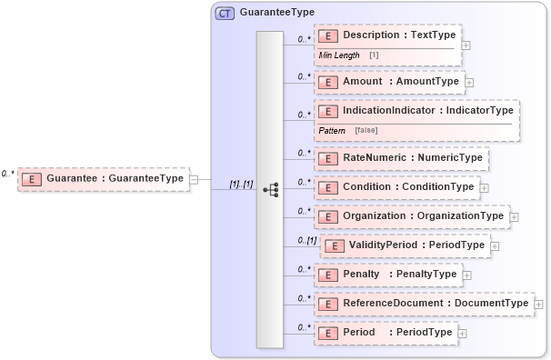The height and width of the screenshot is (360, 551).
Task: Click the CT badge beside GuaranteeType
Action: tap(225, 13)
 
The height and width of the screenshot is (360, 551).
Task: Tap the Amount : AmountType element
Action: tap(388, 82)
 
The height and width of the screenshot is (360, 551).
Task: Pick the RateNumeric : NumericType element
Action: tap(400, 158)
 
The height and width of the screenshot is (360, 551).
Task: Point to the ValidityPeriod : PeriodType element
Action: tap(405, 245)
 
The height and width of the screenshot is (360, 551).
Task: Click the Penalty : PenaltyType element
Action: tap(386, 275)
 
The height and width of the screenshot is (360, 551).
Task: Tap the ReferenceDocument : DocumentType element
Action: tap(423, 304)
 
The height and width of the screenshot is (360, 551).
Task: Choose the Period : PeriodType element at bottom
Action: tap(385, 333)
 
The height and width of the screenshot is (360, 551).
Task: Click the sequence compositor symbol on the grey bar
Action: tap(270, 189)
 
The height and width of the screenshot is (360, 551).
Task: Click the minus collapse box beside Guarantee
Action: tap(194, 179)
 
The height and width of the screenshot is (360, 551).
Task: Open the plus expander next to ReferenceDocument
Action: tap(539, 304)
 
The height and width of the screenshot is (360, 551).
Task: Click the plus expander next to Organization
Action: tap(515, 217)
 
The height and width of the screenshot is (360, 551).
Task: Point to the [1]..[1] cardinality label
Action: tap(241, 184)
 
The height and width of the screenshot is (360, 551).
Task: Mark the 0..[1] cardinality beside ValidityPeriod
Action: tap(306, 241)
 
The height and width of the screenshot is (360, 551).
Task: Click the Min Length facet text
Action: tap(338, 55)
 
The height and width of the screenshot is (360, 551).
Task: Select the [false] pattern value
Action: tap(366, 130)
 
